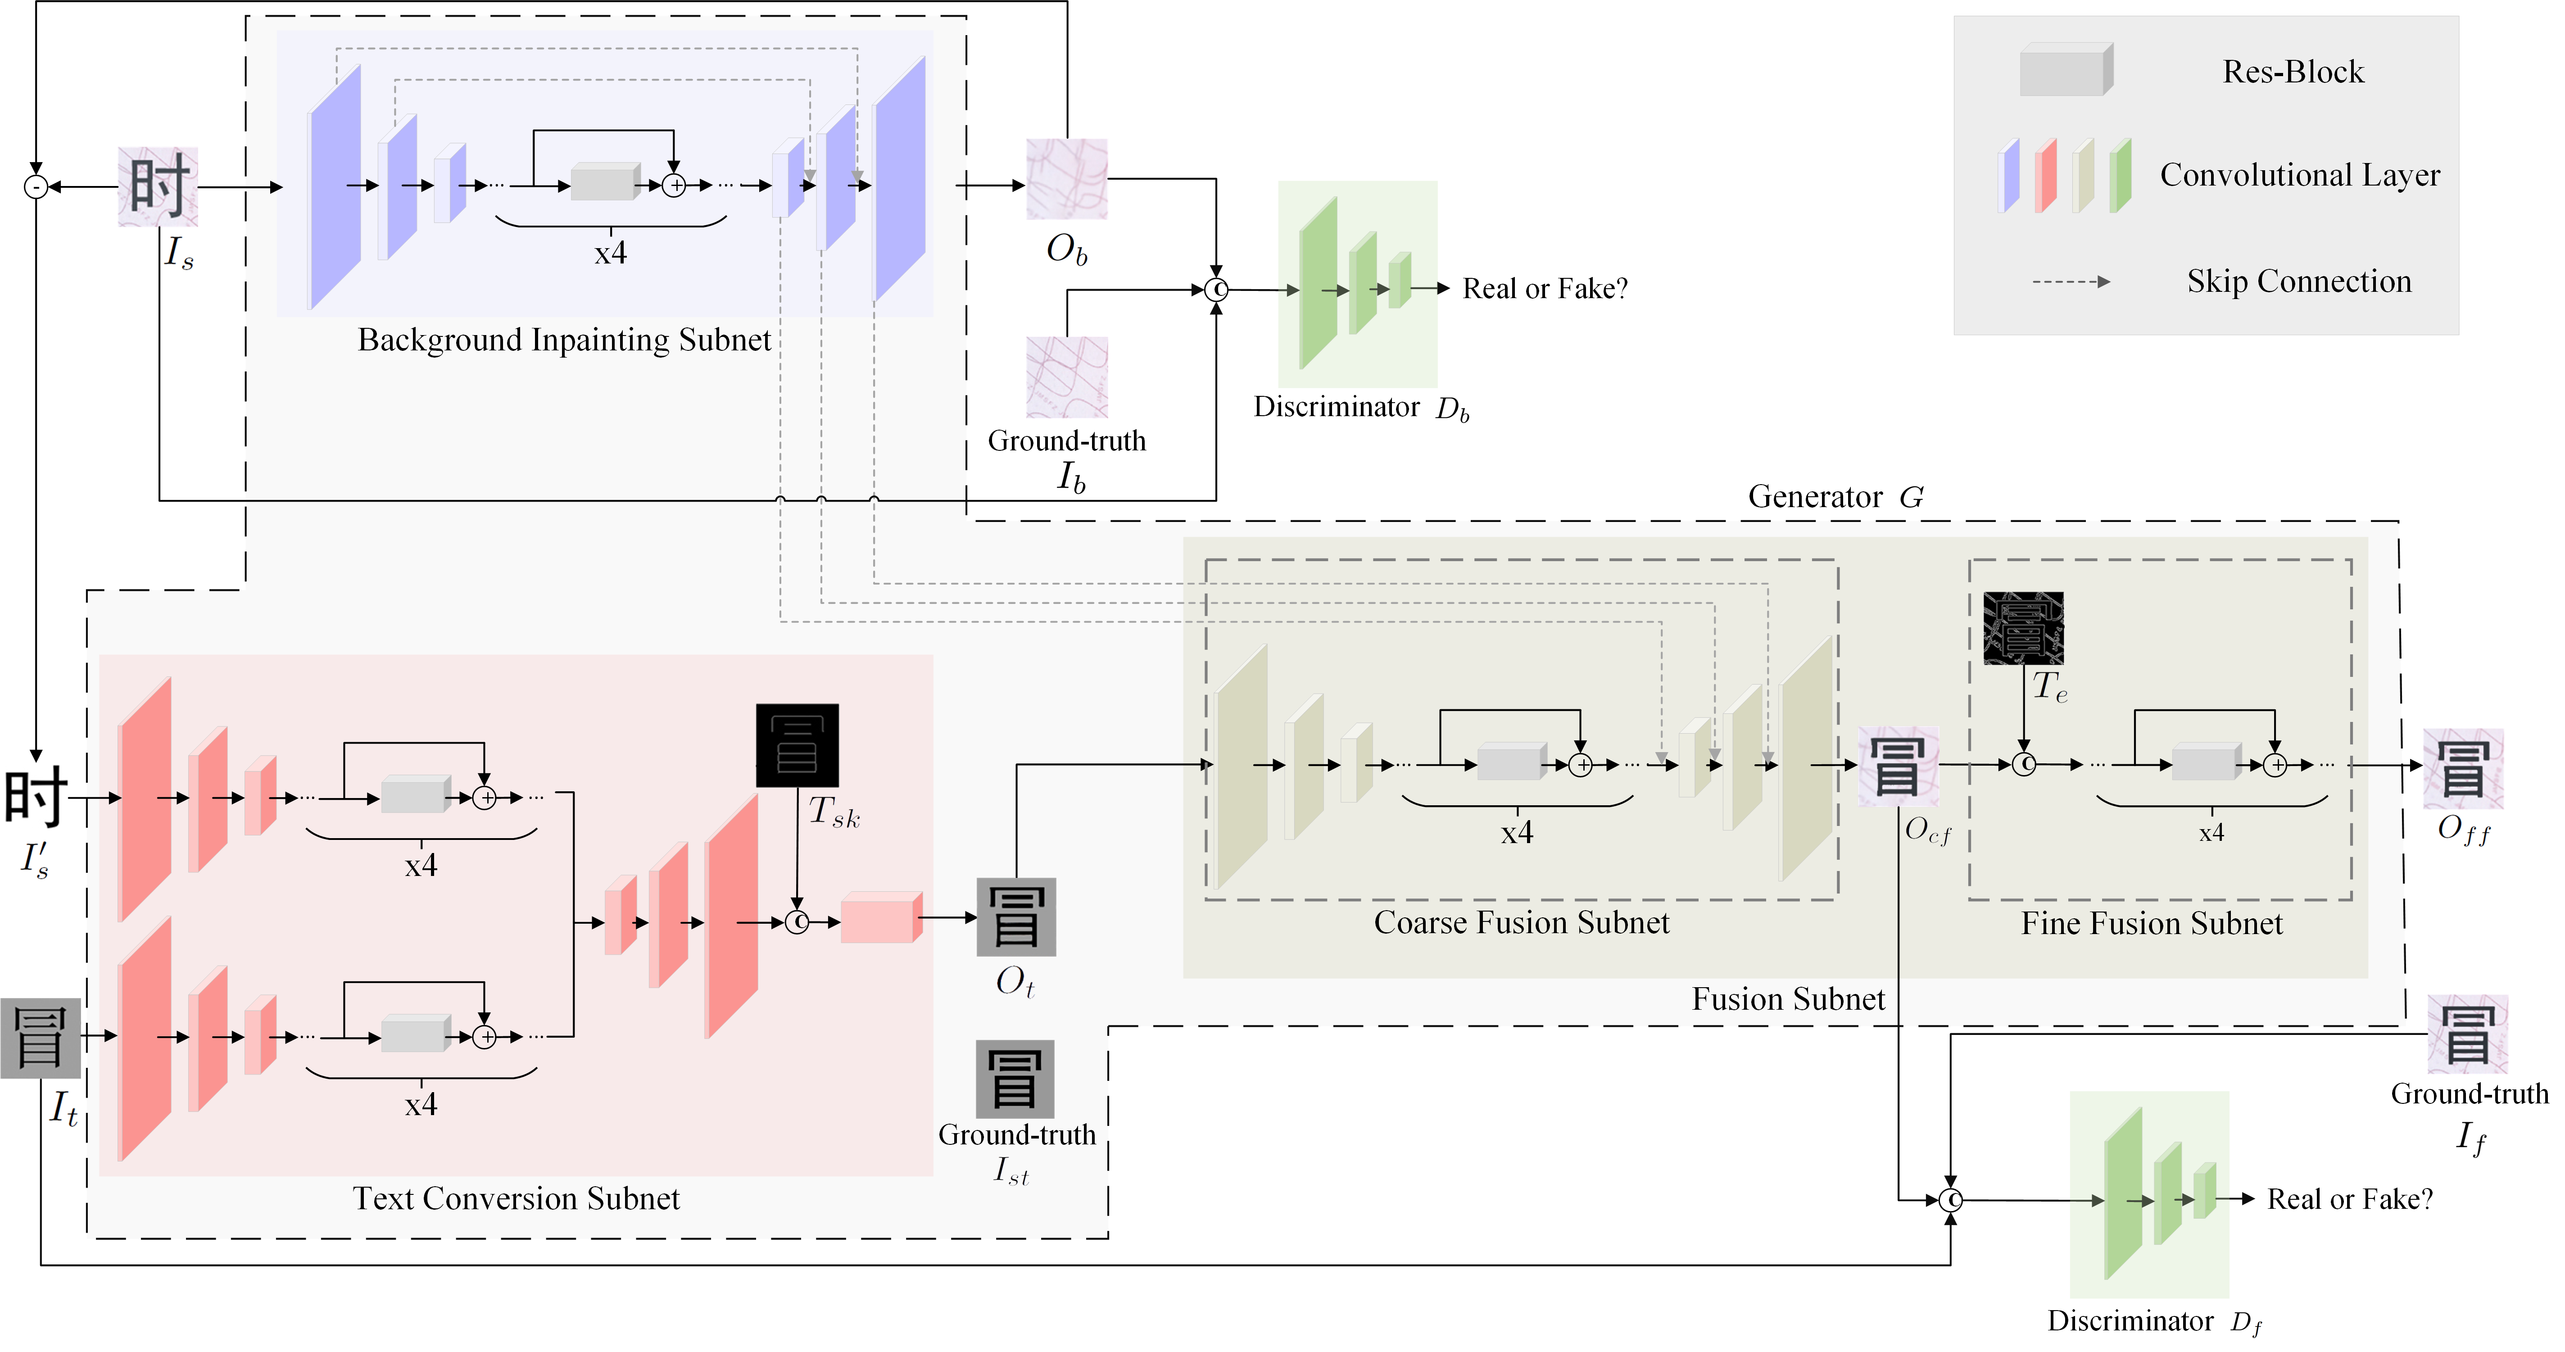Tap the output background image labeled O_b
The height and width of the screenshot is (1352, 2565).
pyautogui.click(x=1066, y=179)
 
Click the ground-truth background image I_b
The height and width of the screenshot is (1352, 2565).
pyautogui.click(x=1066, y=377)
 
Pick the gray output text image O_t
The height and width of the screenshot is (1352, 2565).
pyautogui.click(x=1015, y=917)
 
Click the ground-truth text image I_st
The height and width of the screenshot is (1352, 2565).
pyautogui.click(x=1015, y=1079)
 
